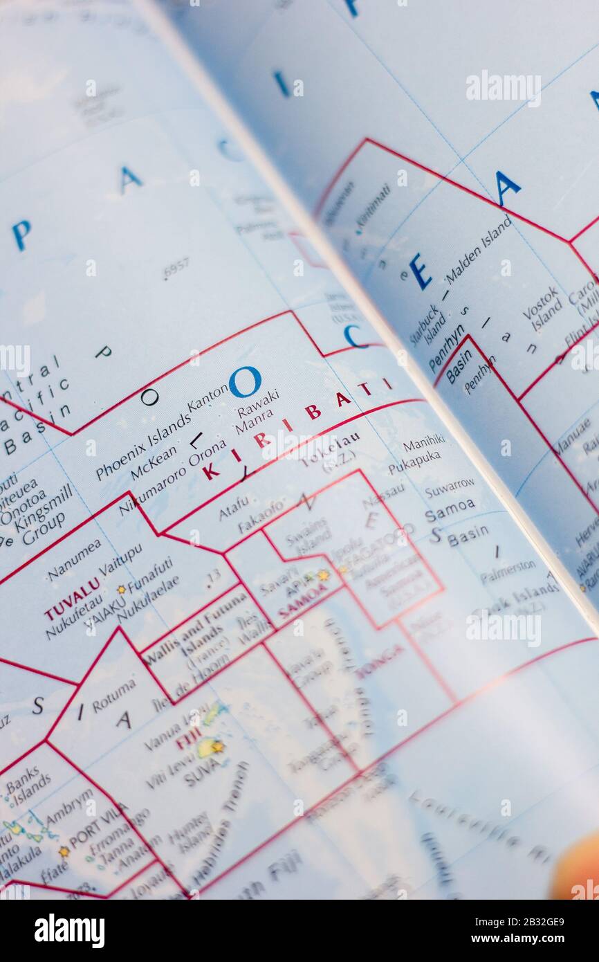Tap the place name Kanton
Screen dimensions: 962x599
(x=208, y=399)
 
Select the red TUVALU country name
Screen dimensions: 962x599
(x=72, y=599)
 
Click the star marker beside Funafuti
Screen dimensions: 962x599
(x=121, y=589)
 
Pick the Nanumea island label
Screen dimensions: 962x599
(x=74, y=560)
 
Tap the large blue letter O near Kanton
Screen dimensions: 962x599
(x=246, y=381)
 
